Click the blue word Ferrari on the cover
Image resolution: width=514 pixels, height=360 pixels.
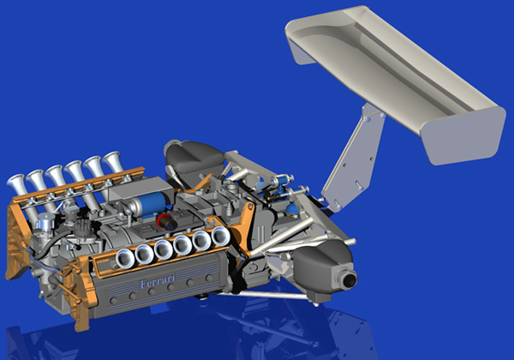click(158, 281)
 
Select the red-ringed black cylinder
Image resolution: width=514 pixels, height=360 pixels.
click(166, 221)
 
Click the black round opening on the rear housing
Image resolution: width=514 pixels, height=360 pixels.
click(350, 279)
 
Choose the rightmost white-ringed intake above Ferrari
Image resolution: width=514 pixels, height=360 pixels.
click(221, 236)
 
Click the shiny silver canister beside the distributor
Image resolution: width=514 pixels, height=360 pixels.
click(45, 222)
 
